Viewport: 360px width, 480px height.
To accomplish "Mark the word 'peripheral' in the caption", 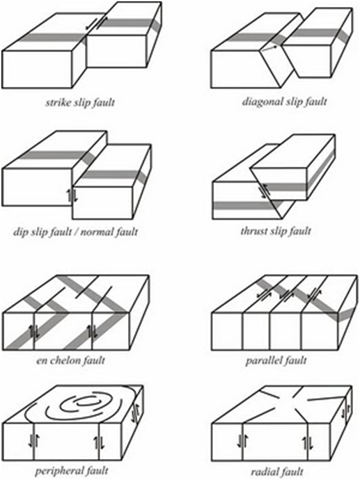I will point(55,471).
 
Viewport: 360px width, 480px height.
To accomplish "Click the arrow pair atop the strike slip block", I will point(93,24).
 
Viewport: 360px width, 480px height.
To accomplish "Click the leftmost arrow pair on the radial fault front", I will point(241,440).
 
